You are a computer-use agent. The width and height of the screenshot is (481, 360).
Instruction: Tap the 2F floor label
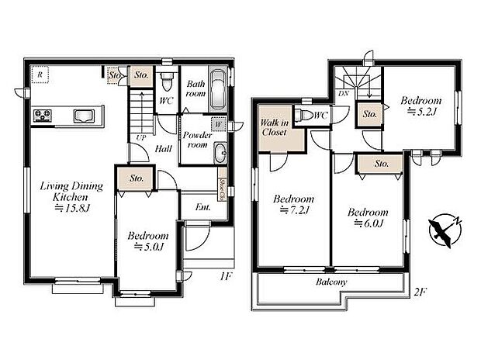click(x=420, y=292)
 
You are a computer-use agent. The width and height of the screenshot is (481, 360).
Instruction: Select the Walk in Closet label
click(x=274, y=127)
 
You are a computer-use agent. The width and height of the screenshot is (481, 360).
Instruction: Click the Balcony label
click(x=332, y=282)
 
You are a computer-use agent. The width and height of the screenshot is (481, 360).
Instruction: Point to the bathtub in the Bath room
click(x=219, y=91)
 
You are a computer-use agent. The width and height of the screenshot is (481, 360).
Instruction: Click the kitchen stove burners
click(x=42, y=117)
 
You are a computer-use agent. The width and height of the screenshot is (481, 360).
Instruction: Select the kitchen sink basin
click(x=83, y=117)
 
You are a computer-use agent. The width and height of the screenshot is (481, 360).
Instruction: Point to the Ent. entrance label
click(x=203, y=207)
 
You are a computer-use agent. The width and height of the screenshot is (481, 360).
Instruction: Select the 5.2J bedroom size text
click(x=421, y=112)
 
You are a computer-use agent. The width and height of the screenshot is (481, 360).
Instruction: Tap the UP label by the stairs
click(x=141, y=137)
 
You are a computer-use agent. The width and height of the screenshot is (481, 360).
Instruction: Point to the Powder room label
click(x=197, y=139)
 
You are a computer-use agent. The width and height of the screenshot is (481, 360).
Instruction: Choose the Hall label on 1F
click(x=163, y=148)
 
